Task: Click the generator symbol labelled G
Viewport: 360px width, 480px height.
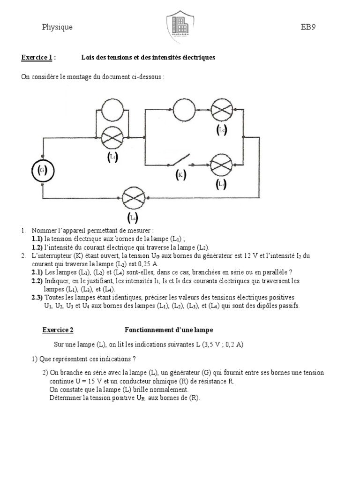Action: click(42, 171)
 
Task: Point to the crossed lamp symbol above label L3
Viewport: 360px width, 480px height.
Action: click(221, 165)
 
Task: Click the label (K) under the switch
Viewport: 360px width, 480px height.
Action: click(180, 176)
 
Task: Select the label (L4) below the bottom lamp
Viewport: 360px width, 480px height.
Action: click(133, 217)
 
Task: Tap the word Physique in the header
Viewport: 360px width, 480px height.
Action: click(57, 27)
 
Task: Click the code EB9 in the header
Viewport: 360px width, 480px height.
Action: click(308, 27)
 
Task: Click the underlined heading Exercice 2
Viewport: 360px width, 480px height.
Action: click(58, 330)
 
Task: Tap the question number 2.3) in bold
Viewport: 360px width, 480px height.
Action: click(37, 297)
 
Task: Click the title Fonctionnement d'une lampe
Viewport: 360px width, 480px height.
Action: click(169, 330)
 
